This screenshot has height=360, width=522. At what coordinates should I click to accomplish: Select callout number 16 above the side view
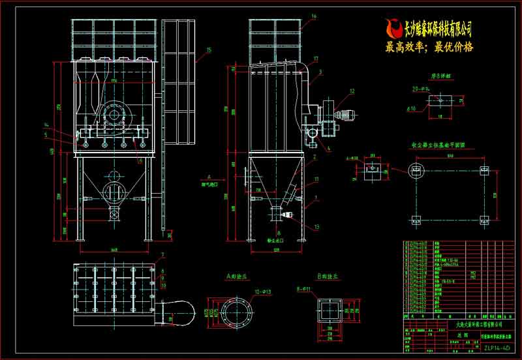(314, 16)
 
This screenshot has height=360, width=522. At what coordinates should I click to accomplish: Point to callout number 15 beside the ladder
(208, 50)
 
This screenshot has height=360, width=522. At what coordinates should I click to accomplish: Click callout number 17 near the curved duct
(315, 59)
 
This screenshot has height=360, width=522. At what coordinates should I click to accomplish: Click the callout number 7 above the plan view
(162, 254)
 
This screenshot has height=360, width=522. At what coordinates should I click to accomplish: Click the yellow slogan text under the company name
(429, 47)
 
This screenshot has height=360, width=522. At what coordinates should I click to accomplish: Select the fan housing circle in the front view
(114, 115)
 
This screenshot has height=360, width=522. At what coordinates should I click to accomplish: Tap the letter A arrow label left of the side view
(208, 176)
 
